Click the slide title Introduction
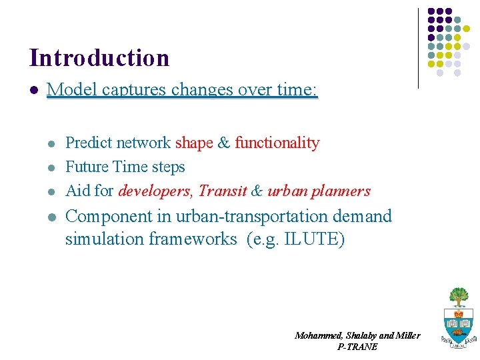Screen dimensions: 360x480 (x=99, y=58)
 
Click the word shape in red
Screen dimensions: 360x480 (x=194, y=143)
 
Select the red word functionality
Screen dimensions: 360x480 (x=277, y=143)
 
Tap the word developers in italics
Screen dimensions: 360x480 (x=154, y=191)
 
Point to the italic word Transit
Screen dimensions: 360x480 (x=223, y=191)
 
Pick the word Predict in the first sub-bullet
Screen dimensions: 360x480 (x=90, y=143)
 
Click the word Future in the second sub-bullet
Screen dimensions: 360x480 (x=88, y=167)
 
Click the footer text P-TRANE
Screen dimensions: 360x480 (x=357, y=347)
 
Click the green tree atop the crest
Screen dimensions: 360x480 (x=458, y=295)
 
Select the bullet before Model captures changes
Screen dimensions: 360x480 (x=33, y=90)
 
